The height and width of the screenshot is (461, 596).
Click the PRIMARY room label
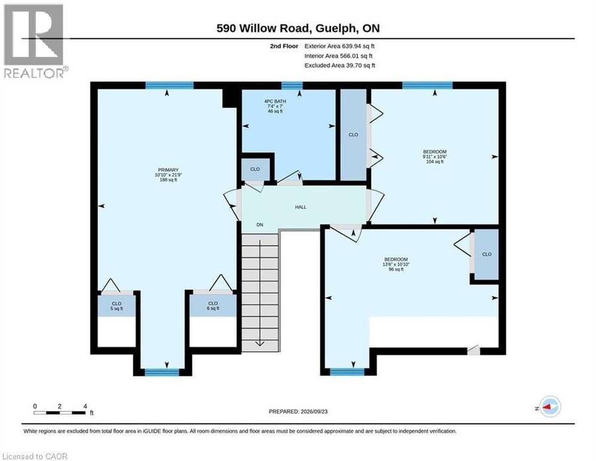(168, 174)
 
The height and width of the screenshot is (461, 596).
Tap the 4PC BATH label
(275, 106)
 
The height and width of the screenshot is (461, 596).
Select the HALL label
(301, 207)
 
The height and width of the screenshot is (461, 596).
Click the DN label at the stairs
(260, 225)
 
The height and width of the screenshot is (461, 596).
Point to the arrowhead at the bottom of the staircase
(260, 344)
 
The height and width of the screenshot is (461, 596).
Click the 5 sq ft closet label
(117, 306)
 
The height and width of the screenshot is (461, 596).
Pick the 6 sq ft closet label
(213, 306)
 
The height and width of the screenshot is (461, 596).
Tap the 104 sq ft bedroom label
(435, 157)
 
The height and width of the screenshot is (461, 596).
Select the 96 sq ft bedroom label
(396, 264)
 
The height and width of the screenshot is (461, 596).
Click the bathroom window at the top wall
(292, 86)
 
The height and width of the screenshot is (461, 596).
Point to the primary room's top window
(170, 86)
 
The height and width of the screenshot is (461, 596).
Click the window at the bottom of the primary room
(162, 372)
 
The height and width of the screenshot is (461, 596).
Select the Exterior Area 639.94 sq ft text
(340, 46)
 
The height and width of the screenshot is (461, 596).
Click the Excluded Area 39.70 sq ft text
(340, 66)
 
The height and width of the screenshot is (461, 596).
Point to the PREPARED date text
(298, 411)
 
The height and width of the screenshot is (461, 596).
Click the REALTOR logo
(35, 41)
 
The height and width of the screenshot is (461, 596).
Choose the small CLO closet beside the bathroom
(256, 168)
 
